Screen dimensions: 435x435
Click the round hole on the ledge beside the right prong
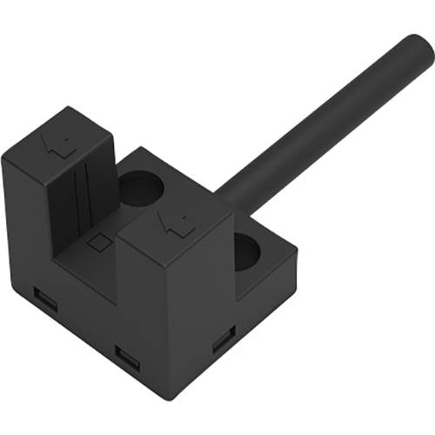(248, 251)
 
